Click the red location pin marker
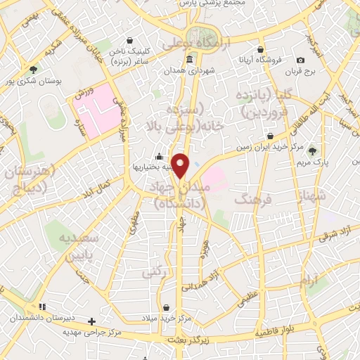[181, 165]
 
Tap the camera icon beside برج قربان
[301, 60]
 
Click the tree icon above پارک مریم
[312, 150]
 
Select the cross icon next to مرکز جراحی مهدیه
[91, 321]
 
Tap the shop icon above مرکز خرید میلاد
[166, 307]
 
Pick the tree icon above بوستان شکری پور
[34, 69]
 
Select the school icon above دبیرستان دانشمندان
[42, 307]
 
